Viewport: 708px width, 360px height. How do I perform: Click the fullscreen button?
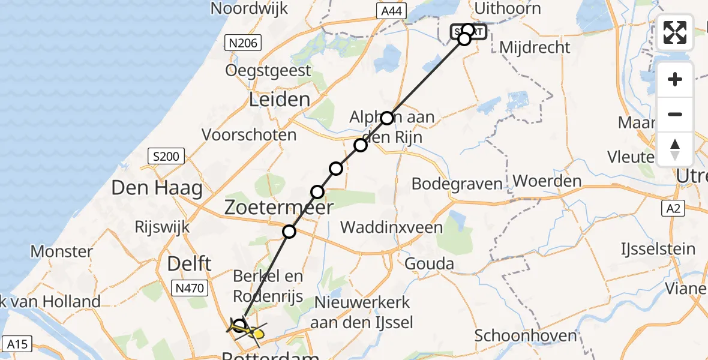pos(675,32)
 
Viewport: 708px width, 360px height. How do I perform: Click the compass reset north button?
pos(675,149)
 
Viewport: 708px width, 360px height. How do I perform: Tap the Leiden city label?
pos(280,99)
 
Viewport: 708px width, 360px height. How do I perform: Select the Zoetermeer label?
pos(278,208)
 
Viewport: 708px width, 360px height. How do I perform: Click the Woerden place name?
pos(547,181)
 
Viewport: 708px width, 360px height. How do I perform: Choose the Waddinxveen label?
pos(391,227)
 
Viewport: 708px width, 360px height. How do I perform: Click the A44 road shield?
pos(393,11)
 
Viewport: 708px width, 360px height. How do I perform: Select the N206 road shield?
pos(241,43)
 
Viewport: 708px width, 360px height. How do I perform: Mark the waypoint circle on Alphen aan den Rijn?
pos(387,118)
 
